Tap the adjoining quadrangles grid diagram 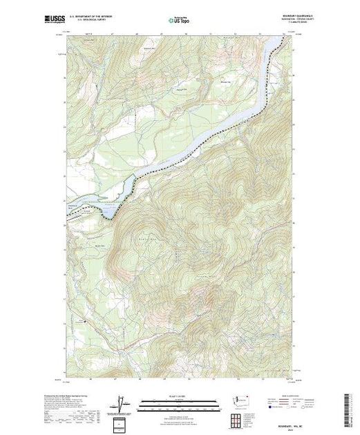241,418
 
